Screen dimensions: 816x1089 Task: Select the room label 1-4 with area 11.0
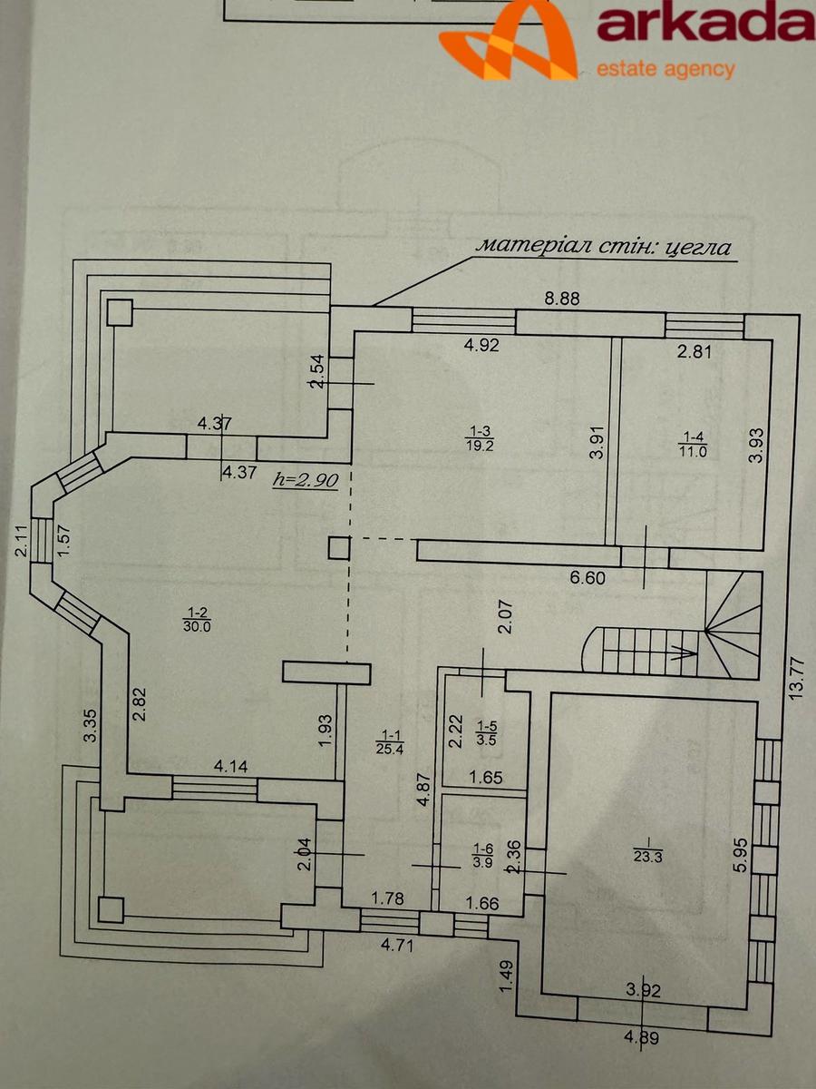point(693,444)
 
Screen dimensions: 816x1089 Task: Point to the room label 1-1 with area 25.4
point(390,741)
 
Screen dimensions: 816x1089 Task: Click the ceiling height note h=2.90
point(306,481)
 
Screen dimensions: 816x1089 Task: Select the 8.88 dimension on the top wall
point(562,299)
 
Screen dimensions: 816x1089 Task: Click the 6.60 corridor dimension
point(588,578)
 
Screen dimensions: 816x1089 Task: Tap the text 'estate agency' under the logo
point(665,70)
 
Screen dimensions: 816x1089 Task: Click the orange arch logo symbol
point(509,40)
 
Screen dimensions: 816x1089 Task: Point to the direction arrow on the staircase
point(684,654)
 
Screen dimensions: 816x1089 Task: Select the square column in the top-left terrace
point(120,312)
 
